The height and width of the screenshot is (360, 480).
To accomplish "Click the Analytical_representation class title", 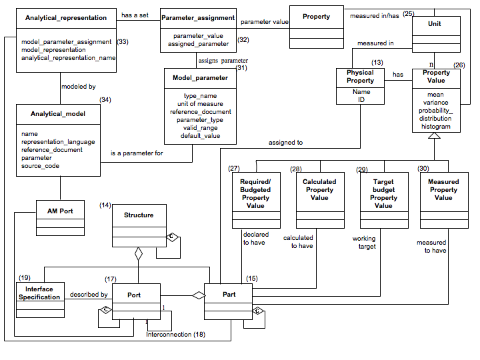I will (x=65, y=17).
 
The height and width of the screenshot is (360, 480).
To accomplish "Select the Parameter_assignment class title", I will (x=198, y=17).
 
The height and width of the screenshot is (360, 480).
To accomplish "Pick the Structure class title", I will (x=139, y=215).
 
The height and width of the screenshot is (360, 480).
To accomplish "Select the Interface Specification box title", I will (x=39, y=293).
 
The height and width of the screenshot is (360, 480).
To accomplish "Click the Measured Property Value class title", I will (x=443, y=189).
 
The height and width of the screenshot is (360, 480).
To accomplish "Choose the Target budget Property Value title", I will (x=383, y=193).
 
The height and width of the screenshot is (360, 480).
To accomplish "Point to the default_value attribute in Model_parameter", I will (x=200, y=135).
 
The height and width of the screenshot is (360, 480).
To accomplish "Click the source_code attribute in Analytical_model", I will (x=41, y=166).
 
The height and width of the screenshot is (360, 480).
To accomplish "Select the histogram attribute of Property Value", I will (x=435, y=127).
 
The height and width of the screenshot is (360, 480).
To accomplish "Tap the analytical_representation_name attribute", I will (x=68, y=58).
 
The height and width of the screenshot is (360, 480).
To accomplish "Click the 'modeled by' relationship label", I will (x=78, y=87).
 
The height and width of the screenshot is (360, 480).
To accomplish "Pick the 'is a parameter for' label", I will (x=137, y=153).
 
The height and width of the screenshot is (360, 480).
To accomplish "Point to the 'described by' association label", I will (x=89, y=294).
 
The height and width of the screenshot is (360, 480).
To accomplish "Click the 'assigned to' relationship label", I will (x=285, y=142).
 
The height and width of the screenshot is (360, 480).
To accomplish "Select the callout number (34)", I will (x=105, y=99).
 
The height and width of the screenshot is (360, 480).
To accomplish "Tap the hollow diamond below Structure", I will (x=139, y=254).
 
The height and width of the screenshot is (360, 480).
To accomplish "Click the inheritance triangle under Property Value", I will (x=435, y=137).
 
